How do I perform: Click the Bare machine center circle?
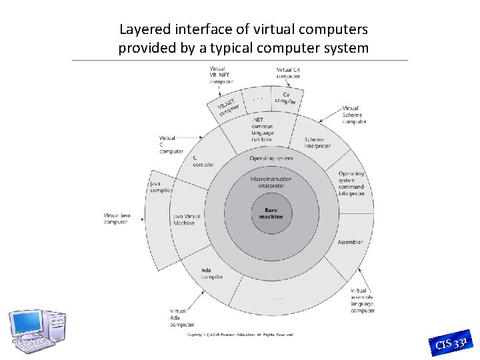tap(271, 213)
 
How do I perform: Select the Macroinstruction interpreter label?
tap(271, 182)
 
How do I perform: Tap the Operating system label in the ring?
tap(271, 159)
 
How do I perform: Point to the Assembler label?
tap(350, 242)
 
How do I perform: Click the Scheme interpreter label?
tap(317, 143)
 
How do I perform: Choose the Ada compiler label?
tap(212, 273)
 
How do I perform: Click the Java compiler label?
tap(161, 187)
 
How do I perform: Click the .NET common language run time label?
tap(262, 129)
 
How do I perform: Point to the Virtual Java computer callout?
tap(115, 219)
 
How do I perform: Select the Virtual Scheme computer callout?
tap(354, 115)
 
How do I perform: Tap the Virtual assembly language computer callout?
tap(363, 301)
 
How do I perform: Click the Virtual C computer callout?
tap(171, 145)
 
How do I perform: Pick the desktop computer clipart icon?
tap(37, 331)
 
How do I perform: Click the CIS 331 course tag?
tap(453, 341)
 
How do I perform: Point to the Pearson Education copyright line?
tap(239, 335)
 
